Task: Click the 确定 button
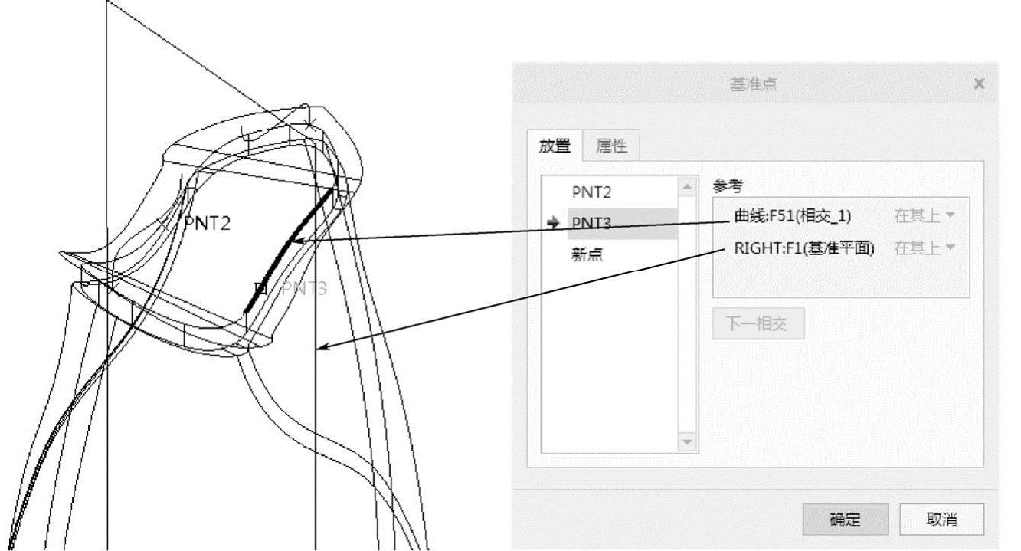point(845,519)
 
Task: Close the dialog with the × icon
point(979,83)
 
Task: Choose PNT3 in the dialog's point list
point(591,222)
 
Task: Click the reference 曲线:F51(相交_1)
point(792,217)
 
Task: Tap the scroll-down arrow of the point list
point(686,442)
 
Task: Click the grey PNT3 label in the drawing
point(305,289)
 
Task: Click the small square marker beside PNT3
point(260,288)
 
